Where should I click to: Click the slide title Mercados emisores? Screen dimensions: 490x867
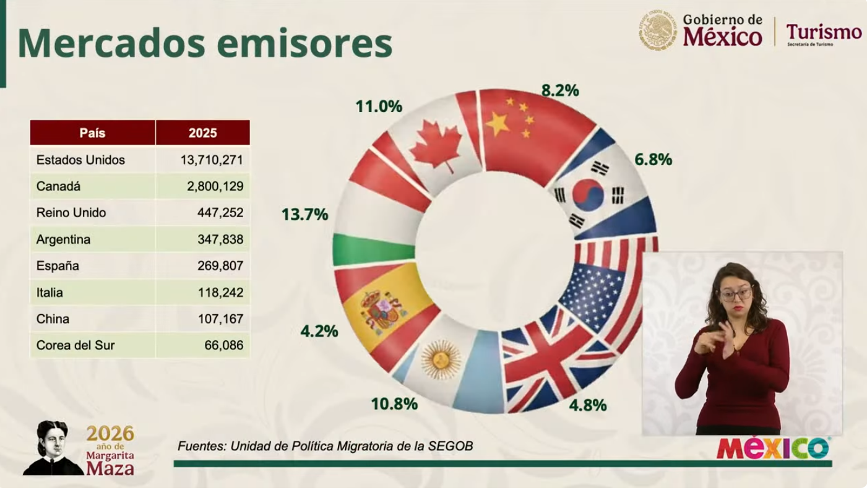click(x=205, y=43)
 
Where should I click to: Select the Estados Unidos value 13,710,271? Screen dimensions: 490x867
click(x=212, y=160)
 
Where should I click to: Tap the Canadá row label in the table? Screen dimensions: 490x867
click(x=58, y=187)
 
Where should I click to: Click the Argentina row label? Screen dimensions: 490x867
click(x=63, y=239)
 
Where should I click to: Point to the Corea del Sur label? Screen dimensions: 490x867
click(x=75, y=346)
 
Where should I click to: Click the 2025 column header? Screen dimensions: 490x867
click(x=202, y=133)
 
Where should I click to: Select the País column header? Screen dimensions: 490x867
click(x=92, y=133)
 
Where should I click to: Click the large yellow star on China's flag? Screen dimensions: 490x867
click(x=498, y=124)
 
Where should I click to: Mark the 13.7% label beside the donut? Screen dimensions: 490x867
click(x=304, y=215)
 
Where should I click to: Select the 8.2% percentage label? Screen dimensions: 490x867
click(x=560, y=91)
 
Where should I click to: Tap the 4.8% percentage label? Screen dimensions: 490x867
click(x=587, y=406)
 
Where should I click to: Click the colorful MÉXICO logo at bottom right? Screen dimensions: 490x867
click(x=773, y=448)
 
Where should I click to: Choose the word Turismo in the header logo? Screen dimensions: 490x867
click(x=824, y=32)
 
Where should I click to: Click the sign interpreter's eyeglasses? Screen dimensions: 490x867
click(x=736, y=294)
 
